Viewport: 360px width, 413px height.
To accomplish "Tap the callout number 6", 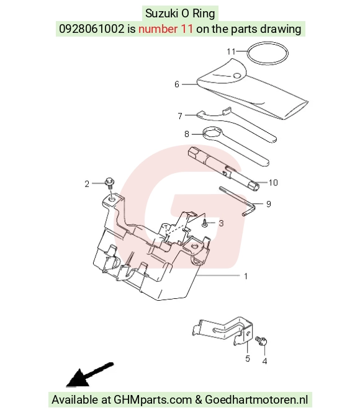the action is pyautogui.click(x=177, y=84).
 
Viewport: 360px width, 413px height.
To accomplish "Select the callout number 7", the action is pyautogui.click(x=180, y=116).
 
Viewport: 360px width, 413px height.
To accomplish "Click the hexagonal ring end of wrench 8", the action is pyautogui.click(x=212, y=132).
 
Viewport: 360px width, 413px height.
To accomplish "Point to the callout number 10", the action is pyautogui.click(x=273, y=182).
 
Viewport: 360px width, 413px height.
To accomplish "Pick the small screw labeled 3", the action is pyautogui.click(x=204, y=224).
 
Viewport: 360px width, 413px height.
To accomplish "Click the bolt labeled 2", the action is pyautogui.click(x=109, y=183).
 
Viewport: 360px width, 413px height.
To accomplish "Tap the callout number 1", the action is pyautogui.click(x=246, y=277).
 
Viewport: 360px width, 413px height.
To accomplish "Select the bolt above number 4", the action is pyautogui.click(x=261, y=341).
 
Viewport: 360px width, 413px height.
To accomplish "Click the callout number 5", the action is pyautogui.click(x=247, y=358).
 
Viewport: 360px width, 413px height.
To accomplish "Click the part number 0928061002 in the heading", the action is pyautogui.click(x=91, y=29).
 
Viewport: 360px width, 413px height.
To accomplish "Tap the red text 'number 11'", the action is pyautogui.click(x=166, y=29).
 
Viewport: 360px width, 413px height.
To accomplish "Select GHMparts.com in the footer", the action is pyautogui.click(x=153, y=399).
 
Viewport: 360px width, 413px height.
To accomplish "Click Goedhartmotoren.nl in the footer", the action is pyautogui.click(x=256, y=399).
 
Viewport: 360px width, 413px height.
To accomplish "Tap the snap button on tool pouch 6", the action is pyautogui.click(x=237, y=76).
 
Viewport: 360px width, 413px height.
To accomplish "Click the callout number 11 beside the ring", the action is pyautogui.click(x=231, y=51).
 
